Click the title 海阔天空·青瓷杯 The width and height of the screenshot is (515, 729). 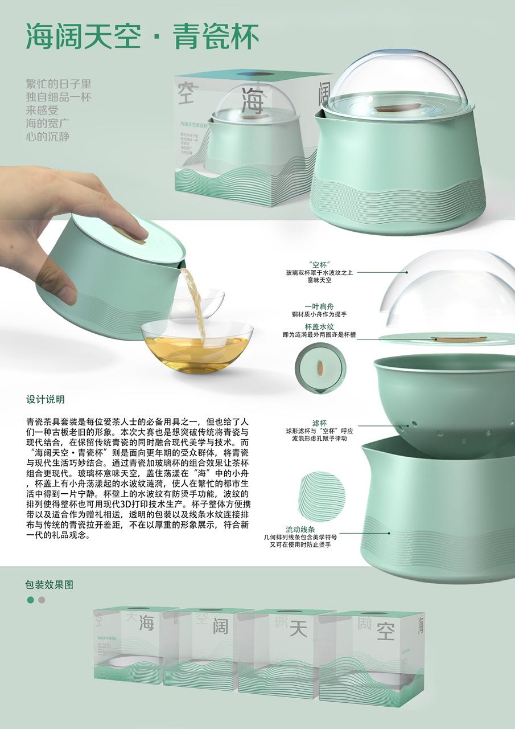(142, 37)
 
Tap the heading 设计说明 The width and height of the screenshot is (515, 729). (46, 399)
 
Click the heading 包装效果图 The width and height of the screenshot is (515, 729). (50, 584)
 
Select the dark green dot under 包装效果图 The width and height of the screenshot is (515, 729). (30, 600)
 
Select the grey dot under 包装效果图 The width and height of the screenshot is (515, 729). (42, 600)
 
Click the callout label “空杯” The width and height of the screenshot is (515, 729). (319, 264)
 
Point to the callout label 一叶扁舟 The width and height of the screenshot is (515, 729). (319, 306)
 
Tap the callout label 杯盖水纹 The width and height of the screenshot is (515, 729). (319, 327)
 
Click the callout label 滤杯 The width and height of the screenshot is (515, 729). (319, 423)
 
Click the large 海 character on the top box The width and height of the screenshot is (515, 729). (252, 101)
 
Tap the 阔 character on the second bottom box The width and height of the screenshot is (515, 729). (221, 626)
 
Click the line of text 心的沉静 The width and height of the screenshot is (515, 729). (48, 137)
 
